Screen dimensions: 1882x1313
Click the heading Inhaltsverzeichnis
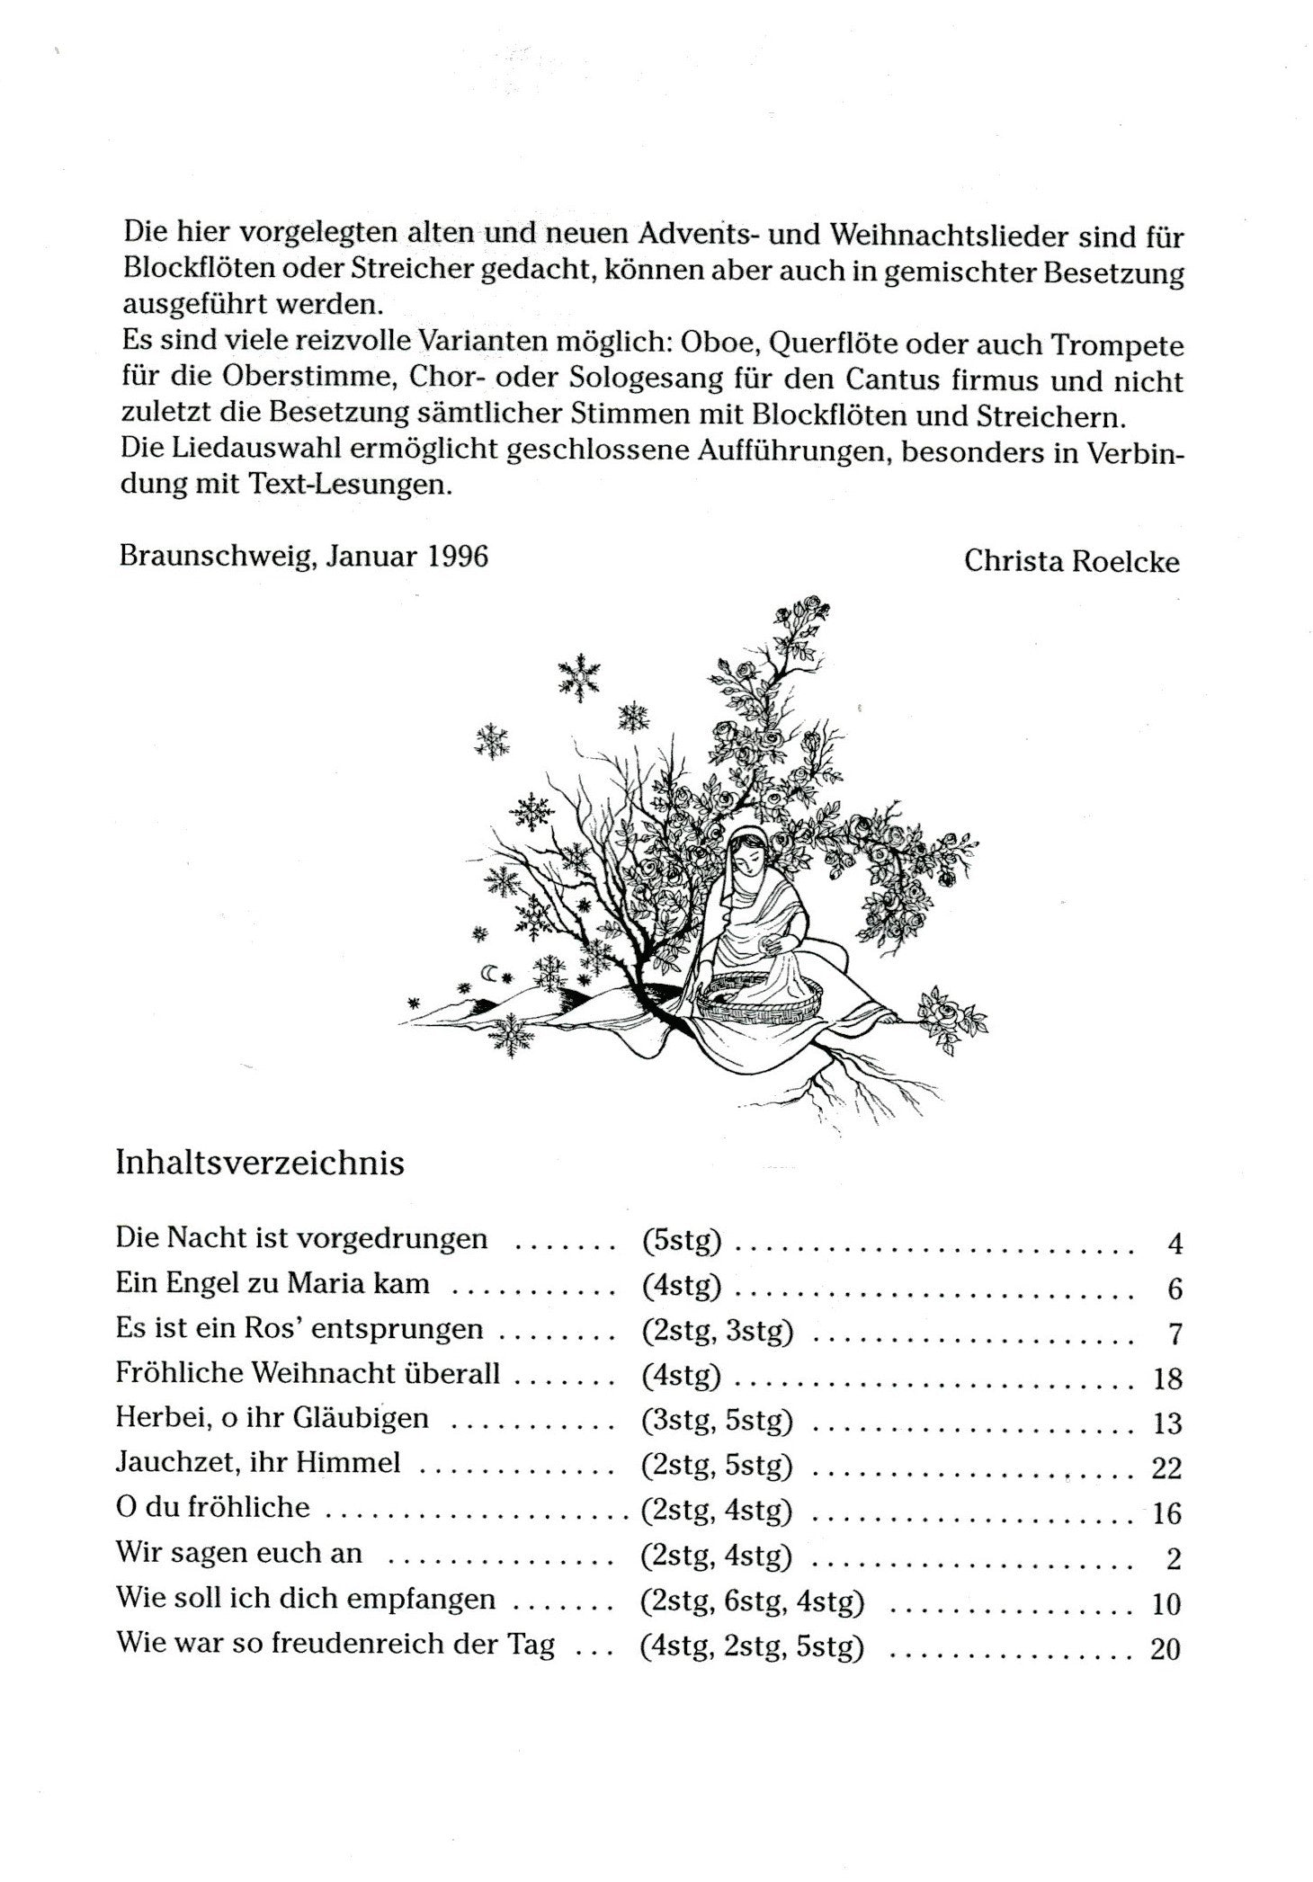coord(260,1163)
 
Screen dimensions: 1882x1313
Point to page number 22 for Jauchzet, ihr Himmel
coord(1166,1468)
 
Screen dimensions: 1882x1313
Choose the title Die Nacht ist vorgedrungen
coord(301,1239)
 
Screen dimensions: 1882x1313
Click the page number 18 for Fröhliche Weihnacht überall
coord(1166,1378)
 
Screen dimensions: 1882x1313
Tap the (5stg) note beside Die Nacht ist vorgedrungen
coord(682,1241)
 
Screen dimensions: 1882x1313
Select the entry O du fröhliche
coord(212,1508)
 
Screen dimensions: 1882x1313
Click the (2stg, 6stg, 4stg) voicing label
coord(752,1601)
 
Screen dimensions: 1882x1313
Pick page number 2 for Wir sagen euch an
coord(1173,1558)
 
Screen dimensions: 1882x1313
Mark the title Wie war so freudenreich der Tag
coord(335,1645)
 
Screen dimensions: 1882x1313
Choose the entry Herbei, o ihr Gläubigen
coord(272,1419)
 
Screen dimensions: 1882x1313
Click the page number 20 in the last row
coord(1165,1649)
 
